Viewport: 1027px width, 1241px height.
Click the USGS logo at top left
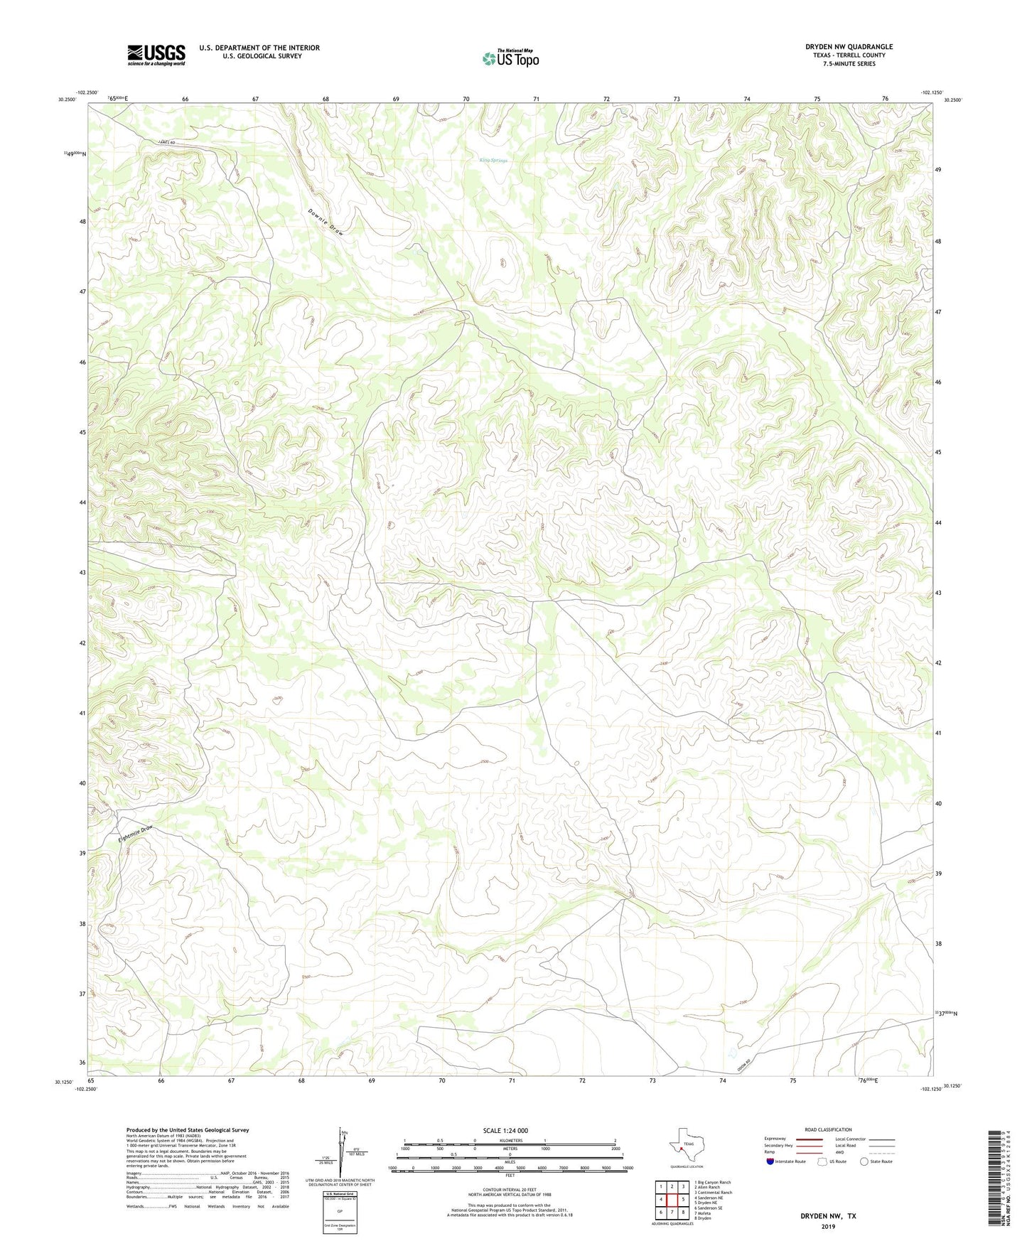[156, 55]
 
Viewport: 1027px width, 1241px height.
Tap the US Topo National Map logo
[510, 58]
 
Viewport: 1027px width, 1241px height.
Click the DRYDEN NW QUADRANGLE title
[849, 47]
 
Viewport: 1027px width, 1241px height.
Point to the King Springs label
[494, 161]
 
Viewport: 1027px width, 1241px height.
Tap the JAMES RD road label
[168, 144]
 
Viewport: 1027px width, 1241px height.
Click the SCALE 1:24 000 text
[505, 1130]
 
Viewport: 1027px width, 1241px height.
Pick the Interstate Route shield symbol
[770, 1161]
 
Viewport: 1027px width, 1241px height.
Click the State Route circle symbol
[864, 1161]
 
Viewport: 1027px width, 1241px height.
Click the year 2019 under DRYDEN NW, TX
[828, 1226]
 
